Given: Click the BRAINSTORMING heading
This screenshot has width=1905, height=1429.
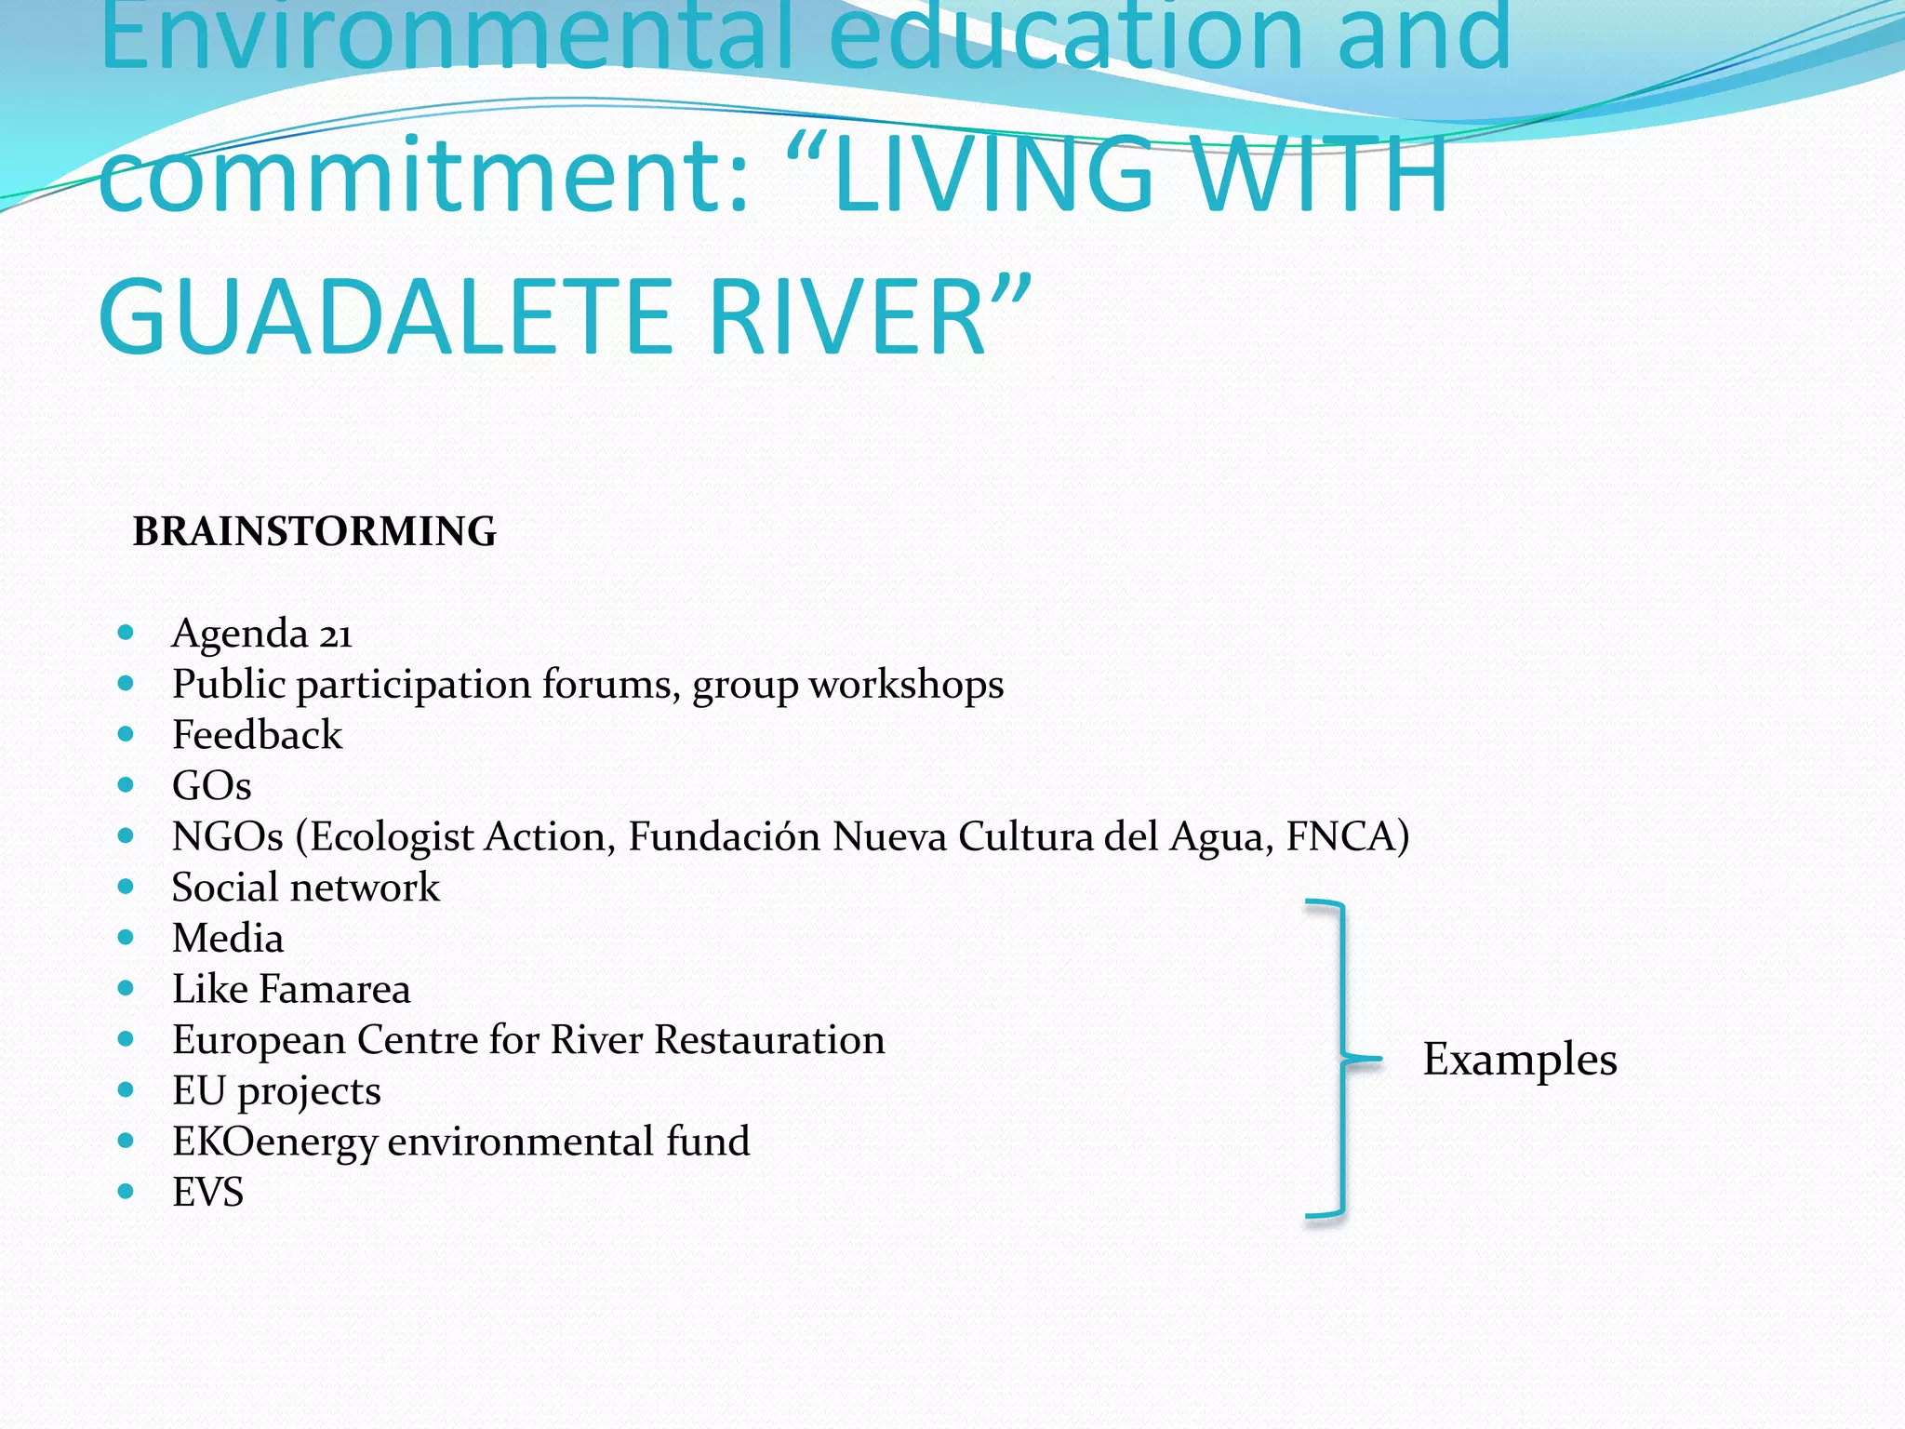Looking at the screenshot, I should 314,531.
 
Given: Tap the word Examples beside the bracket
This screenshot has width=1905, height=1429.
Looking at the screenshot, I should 1519,1060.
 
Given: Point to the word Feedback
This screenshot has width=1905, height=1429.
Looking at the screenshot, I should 257,735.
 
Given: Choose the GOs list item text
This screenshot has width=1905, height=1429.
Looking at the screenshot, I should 211,786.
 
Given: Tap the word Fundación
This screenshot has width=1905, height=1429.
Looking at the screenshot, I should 724,836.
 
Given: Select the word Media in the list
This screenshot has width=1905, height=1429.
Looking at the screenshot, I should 228,938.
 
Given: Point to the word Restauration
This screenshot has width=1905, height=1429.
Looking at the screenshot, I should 769,1039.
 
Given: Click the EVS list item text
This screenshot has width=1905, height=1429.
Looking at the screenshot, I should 207,1192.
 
